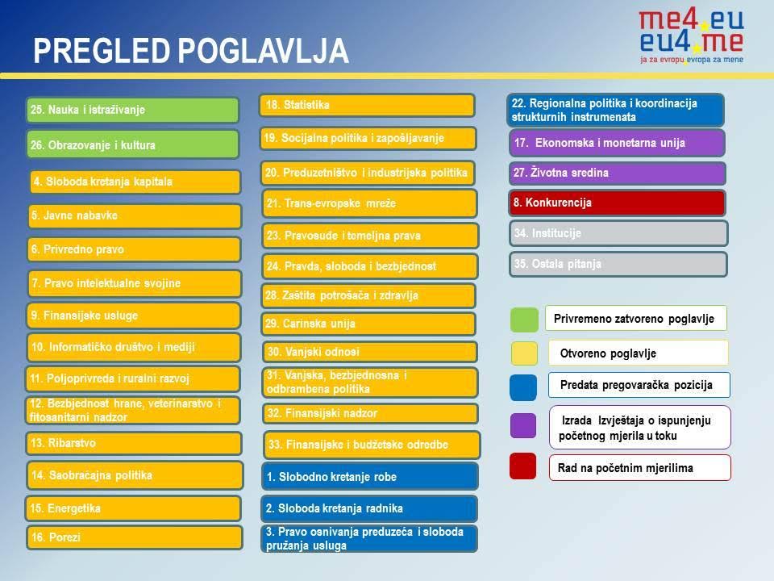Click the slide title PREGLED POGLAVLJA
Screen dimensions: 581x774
(192, 51)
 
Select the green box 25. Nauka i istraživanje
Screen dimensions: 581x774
(133, 110)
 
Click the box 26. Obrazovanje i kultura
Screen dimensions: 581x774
(133, 144)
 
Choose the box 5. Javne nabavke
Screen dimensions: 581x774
(135, 215)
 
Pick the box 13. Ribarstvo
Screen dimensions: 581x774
(135, 443)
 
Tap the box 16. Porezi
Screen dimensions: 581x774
(135, 537)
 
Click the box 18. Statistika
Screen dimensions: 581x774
(368, 105)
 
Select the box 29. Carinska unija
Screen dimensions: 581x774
(368, 324)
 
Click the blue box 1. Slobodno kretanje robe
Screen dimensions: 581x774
(370, 476)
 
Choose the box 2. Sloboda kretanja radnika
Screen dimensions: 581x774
(370, 508)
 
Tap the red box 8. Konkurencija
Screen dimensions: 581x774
(618, 203)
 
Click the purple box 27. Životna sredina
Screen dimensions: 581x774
(618, 173)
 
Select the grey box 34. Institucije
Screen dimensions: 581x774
(619, 233)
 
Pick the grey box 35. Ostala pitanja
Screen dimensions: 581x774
(619, 264)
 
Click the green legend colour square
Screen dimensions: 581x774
(524, 320)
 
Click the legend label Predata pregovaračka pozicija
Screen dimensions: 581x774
(636, 385)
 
